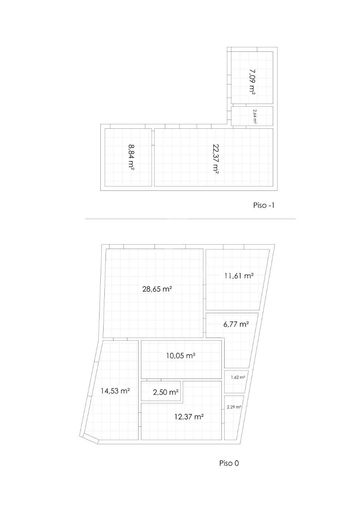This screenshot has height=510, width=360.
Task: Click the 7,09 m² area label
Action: coord(252,82)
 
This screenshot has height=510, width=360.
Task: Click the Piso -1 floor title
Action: coord(264,205)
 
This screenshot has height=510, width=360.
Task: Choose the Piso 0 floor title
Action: coord(229,463)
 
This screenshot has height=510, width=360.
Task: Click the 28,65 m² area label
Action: coord(157,289)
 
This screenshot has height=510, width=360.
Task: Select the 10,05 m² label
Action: coord(181,355)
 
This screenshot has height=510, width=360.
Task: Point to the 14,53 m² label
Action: coord(115,391)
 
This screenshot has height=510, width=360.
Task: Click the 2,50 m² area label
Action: coord(165,392)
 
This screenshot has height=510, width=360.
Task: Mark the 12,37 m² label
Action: coord(189,417)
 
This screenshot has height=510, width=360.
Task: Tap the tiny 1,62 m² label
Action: coord(238,377)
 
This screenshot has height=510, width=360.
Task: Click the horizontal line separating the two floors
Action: coord(190,219)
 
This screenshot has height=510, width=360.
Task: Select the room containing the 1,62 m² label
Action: coord(236,382)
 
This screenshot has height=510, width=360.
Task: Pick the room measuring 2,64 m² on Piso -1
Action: coord(252,116)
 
